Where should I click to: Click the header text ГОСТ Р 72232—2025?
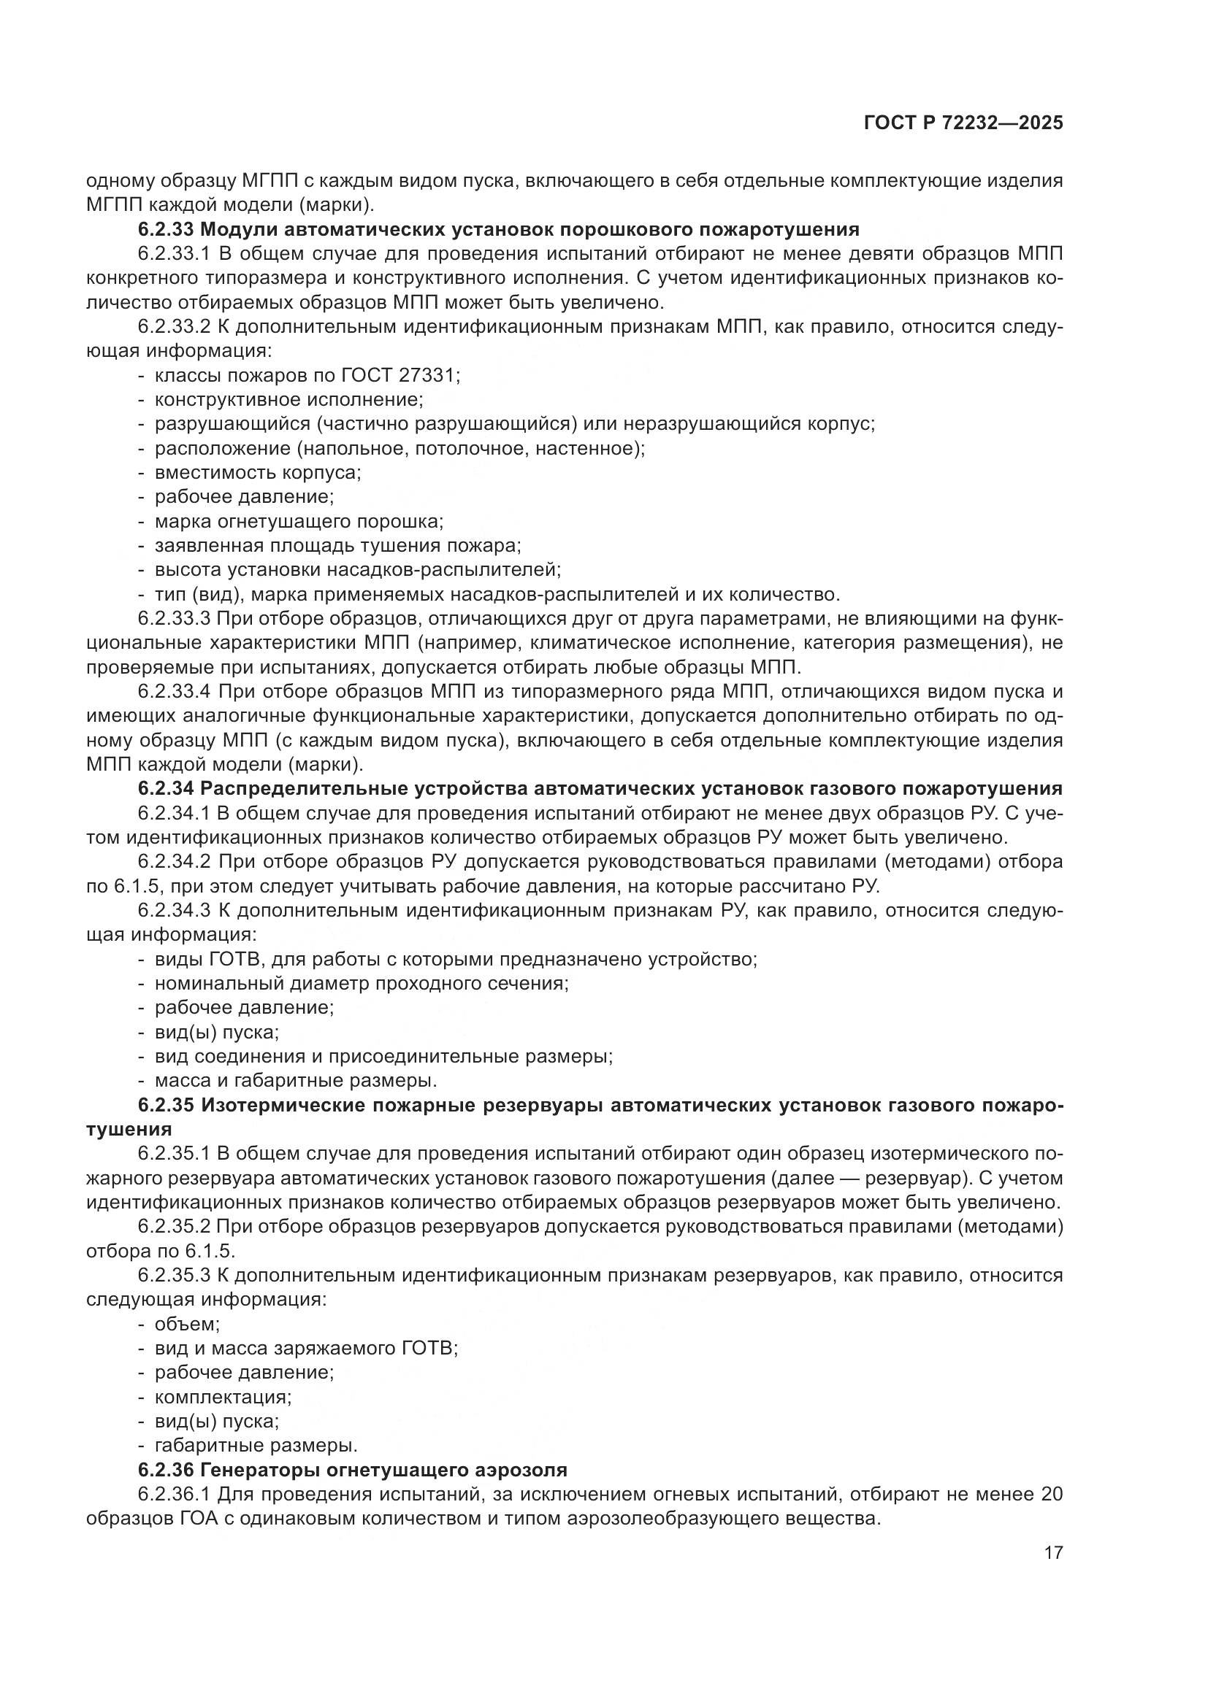(x=963, y=123)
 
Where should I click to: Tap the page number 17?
(x=1053, y=1553)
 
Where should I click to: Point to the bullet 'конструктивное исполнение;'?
(x=288, y=400)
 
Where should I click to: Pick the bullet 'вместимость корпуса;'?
(x=257, y=473)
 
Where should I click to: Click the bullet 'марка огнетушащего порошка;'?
(x=299, y=522)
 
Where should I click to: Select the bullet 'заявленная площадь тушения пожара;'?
(x=337, y=546)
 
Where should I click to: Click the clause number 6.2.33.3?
(x=175, y=619)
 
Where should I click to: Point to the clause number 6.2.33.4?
(x=175, y=691)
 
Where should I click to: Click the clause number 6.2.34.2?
(x=175, y=862)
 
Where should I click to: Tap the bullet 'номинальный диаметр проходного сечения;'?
(x=362, y=984)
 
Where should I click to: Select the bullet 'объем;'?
(x=188, y=1324)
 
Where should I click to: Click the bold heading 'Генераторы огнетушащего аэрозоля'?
(x=384, y=1470)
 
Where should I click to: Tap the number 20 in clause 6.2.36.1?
(x=1052, y=1495)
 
